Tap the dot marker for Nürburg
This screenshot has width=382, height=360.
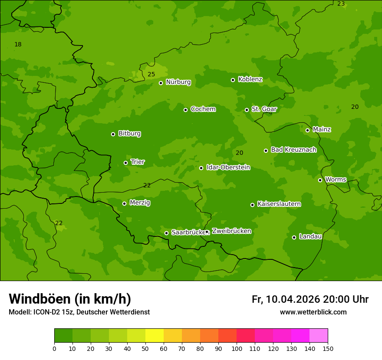pyautogui.click(x=161, y=83)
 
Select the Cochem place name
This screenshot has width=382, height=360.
pyautogui.click(x=203, y=109)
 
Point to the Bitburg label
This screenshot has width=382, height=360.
pyautogui.click(x=129, y=134)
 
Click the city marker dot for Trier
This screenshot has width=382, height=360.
pyautogui.click(x=126, y=163)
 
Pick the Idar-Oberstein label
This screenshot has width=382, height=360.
pyautogui.click(x=228, y=167)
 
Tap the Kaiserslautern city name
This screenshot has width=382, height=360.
pyautogui.click(x=279, y=204)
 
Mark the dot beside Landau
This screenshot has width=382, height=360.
pyautogui.click(x=294, y=237)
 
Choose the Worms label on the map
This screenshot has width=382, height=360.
pyautogui.click(x=336, y=179)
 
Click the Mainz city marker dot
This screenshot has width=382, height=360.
pyautogui.click(x=307, y=130)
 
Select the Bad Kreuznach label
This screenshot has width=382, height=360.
pyautogui.click(x=293, y=150)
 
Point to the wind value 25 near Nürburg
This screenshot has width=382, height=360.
pyautogui.click(x=151, y=74)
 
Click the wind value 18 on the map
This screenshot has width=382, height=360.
pyautogui.click(x=18, y=44)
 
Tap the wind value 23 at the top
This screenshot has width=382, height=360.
pyautogui.click(x=341, y=3)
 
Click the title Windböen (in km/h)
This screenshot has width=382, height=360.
pyautogui.click(x=70, y=299)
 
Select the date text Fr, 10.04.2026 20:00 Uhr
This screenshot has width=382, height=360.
pyautogui.click(x=310, y=299)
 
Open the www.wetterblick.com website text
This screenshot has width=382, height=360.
pyautogui.click(x=313, y=312)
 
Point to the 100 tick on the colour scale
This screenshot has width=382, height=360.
pyautogui.click(x=237, y=348)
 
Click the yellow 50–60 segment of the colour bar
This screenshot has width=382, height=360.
pyautogui.click(x=155, y=336)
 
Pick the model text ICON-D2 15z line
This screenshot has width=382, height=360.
pyautogui.click(x=79, y=312)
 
